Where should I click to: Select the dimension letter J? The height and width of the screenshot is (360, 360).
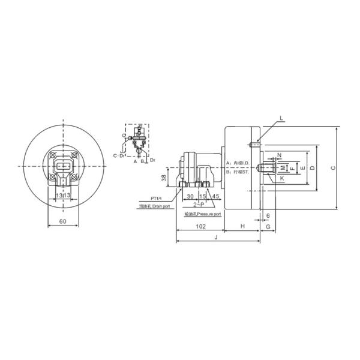pyautogui.click(x=215, y=238)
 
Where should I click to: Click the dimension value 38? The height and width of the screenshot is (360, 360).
pyautogui.click(x=163, y=178)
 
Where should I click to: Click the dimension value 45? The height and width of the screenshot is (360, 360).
pyautogui.click(x=214, y=196)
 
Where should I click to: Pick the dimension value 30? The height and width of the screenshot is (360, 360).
pyautogui.click(x=190, y=196)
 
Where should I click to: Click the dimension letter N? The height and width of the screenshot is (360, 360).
pyautogui.click(x=279, y=155)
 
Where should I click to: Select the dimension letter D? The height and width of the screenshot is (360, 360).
pyautogui.click(x=312, y=167)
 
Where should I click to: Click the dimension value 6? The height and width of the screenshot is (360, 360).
pyautogui.click(x=267, y=214)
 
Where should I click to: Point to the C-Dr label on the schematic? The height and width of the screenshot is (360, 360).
pyautogui.click(x=119, y=155)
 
